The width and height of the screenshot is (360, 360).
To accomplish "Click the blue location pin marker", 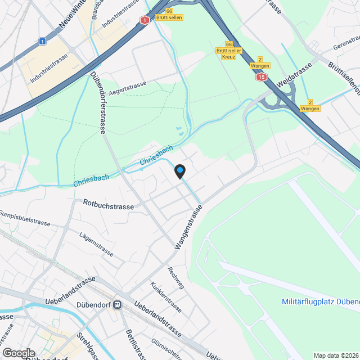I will point(179,170).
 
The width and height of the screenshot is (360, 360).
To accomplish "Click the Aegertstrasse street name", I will point(128,87).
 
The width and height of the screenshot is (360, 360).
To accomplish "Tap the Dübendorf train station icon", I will point(117,305).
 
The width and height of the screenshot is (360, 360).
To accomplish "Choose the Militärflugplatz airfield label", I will point(320,301).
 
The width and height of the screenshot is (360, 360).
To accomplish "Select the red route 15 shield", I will point(260,76).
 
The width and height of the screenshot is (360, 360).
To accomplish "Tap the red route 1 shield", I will point(145,20).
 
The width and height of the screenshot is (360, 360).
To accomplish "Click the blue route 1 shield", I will point(42,41).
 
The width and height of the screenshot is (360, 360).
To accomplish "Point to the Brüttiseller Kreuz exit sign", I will point(228,51).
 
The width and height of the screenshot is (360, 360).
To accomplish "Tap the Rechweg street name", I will point(175,277).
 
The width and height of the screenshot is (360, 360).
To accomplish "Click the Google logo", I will point(18,353).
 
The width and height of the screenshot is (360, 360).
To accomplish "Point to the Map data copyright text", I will point(336,355).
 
